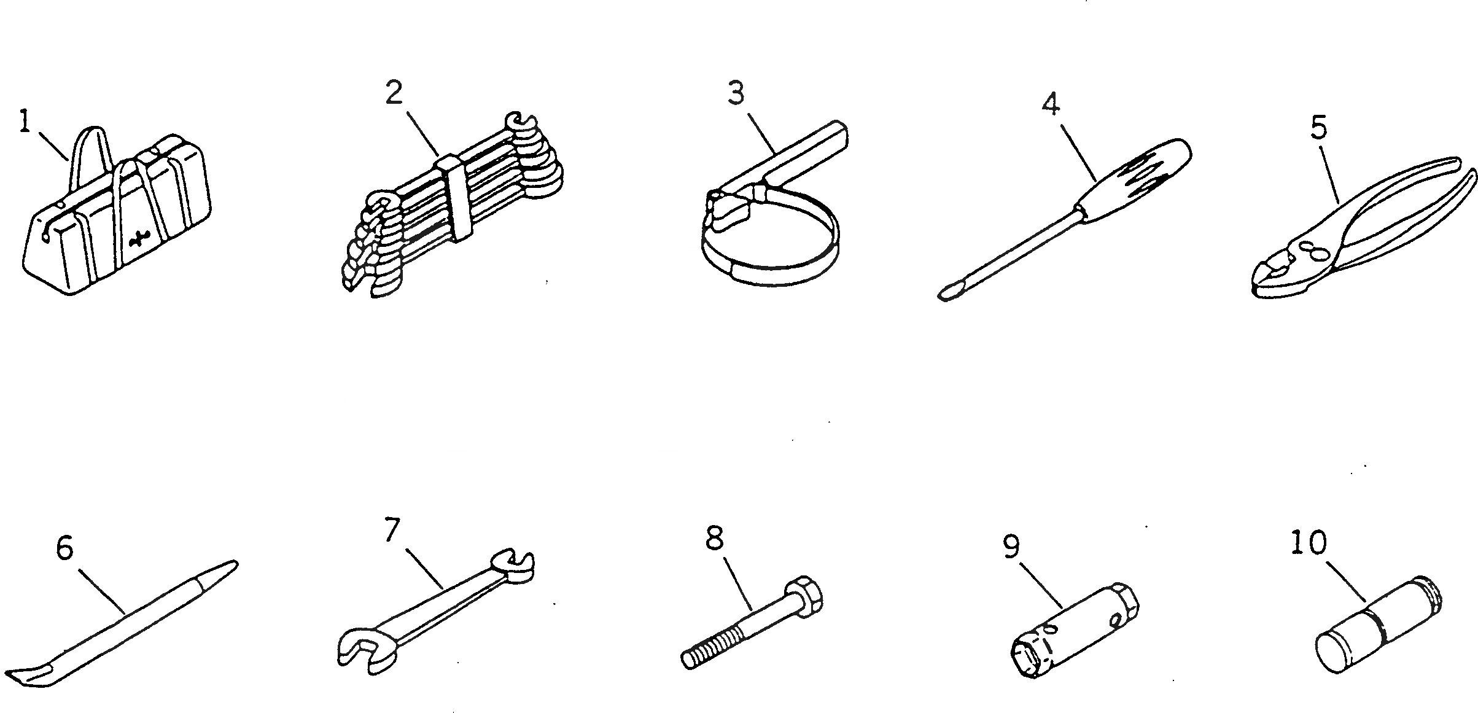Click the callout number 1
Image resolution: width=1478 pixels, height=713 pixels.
25,122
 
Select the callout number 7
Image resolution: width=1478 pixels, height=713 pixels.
392,531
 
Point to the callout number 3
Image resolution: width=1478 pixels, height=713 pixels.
736,93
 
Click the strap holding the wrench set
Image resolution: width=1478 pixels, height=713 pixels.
457,200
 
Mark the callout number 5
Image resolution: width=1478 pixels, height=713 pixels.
1318,128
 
